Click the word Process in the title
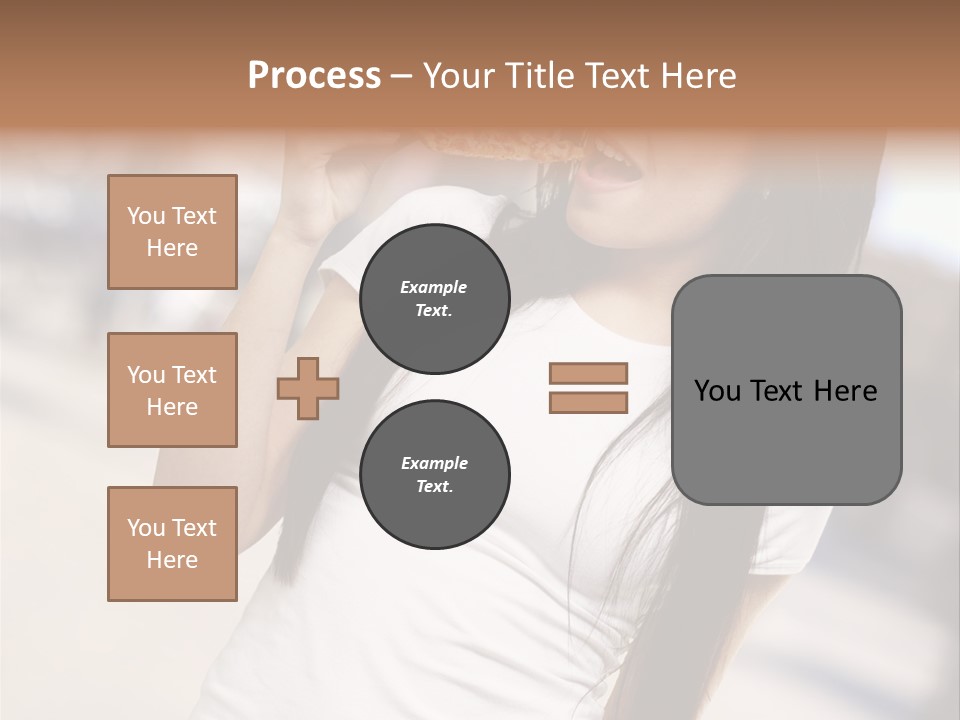(x=314, y=76)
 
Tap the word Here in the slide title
(x=697, y=76)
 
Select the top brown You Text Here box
(x=172, y=232)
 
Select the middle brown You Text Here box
(x=172, y=390)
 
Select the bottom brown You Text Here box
(x=172, y=544)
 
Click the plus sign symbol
(x=308, y=389)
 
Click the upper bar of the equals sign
(x=588, y=373)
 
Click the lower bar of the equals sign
(x=588, y=403)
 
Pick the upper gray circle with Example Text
(x=435, y=299)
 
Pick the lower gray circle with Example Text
(x=435, y=474)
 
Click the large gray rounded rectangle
(x=786, y=440)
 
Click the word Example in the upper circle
(x=434, y=287)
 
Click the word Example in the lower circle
(x=434, y=463)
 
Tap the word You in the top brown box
(x=146, y=216)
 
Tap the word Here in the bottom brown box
(x=172, y=560)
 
